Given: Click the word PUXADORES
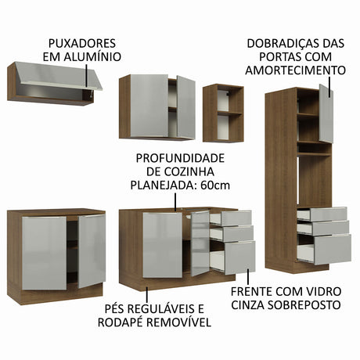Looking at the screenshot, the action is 82,43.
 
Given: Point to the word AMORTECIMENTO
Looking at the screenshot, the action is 295,70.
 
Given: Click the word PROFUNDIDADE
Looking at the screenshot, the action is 180,158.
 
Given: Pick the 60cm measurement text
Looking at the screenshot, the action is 215,185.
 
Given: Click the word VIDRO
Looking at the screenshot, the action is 322,291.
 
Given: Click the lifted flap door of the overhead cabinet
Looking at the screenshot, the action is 59,76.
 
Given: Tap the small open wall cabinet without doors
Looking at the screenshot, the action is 223,113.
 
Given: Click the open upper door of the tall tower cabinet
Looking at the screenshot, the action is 326,113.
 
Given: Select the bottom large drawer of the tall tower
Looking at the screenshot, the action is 324,249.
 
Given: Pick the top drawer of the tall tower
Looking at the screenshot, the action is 322,214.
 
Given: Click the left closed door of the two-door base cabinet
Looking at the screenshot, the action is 44,253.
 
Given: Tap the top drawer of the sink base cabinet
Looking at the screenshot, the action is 231,218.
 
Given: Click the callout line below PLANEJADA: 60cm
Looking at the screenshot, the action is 175,202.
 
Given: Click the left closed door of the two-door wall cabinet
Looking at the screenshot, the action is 149,106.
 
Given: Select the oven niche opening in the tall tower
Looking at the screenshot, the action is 315,181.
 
